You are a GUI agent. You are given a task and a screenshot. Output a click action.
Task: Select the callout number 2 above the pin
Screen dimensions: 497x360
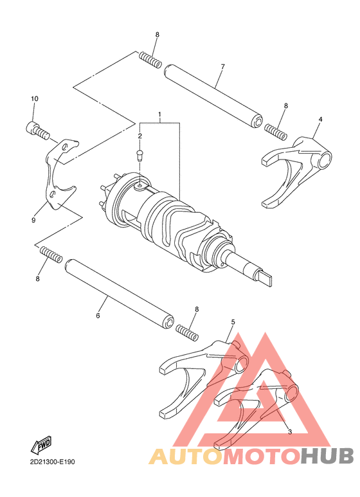(139, 136)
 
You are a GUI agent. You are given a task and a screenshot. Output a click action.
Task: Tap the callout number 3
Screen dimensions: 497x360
(289, 431)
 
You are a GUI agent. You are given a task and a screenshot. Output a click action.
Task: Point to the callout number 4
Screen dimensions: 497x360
(320, 119)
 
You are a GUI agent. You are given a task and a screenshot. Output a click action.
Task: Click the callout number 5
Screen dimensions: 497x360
(233, 321)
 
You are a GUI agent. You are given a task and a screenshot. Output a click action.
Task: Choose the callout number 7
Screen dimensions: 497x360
(222, 67)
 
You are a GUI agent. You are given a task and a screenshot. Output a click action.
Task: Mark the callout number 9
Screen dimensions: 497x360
(33, 220)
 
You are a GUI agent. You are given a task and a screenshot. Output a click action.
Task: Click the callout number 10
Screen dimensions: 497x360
(35, 98)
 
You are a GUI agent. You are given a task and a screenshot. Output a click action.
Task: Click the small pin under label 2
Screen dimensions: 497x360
(139, 154)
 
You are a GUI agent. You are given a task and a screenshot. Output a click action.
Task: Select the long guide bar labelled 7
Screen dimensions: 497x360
(213, 93)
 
